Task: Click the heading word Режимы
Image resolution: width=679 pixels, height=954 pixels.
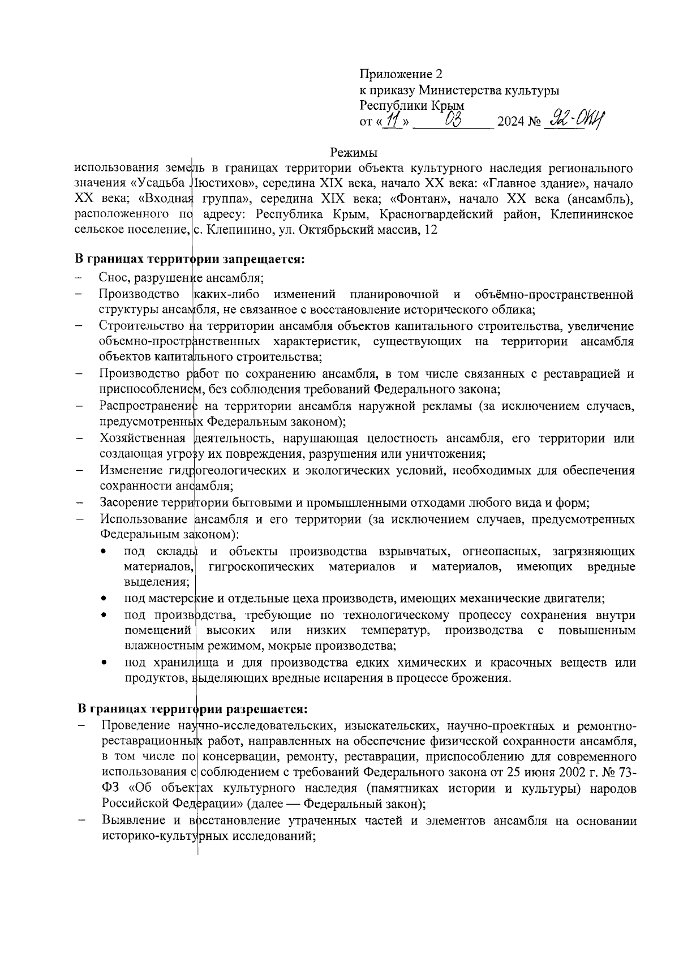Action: [354, 152]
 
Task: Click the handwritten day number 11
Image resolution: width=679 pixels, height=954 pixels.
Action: [392, 120]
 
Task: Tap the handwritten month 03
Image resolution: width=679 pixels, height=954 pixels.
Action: [454, 119]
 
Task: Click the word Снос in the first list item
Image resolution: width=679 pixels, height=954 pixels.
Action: [111, 278]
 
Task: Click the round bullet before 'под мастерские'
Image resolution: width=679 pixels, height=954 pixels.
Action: [102, 599]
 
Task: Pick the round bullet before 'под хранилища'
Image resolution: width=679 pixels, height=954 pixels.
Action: [102, 663]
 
